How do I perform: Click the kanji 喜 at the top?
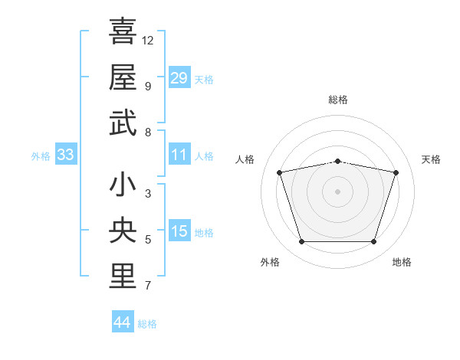coord(123,31)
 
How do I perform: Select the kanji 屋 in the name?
coord(123,77)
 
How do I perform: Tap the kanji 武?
coord(123,123)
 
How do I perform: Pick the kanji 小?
coord(123,184)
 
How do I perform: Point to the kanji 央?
coord(123,230)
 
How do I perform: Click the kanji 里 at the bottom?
coord(123,277)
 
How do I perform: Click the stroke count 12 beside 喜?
coord(147,41)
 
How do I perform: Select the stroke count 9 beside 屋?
coord(148,87)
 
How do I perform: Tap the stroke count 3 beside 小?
coord(148,194)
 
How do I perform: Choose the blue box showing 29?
coord(179,77)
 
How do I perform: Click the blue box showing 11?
coord(179,154)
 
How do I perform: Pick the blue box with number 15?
coord(179,230)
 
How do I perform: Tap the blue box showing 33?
coord(66,154)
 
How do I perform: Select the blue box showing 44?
coord(123,321)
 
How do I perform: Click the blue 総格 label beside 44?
coord(147,324)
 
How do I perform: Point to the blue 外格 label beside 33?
coord(41,156)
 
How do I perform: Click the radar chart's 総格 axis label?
coord(338,100)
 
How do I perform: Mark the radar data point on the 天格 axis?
coord(396,172)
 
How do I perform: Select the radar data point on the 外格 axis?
coord(302,241)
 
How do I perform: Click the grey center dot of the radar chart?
coord(337,191)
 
